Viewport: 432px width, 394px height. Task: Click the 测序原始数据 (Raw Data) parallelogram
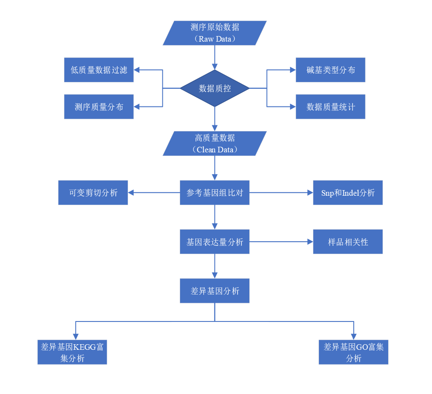pos(214,33)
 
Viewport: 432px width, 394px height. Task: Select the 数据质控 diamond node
pos(214,88)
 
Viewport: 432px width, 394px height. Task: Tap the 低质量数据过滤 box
pos(99,70)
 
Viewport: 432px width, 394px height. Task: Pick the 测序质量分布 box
pos(99,107)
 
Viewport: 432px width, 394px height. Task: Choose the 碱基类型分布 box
pos(330,70)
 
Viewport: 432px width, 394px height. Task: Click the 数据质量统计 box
pos(330,107)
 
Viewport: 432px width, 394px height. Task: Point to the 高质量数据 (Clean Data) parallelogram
pos(214,143)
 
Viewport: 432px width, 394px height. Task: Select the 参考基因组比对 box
pos(214,193)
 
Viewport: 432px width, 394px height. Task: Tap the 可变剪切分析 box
pos(93,193)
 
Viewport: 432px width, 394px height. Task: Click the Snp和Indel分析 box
pos(348,193)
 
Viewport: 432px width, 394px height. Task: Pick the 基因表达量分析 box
pos(214,242)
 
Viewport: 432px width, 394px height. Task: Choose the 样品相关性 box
pos(348,242)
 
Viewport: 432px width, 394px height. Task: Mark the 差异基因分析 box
pos(214,291)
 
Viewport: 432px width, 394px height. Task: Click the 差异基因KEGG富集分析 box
pos(72,352)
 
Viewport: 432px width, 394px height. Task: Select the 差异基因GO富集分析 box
pos(353,352)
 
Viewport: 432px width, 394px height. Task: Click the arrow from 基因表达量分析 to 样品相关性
pos(281,242)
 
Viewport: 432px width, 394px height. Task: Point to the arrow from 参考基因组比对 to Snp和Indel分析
pos(281,193)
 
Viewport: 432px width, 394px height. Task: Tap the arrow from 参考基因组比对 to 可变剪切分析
pos(154,193)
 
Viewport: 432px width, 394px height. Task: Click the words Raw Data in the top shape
pos(215,39)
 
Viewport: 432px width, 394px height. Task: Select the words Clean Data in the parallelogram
pos(215,149)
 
